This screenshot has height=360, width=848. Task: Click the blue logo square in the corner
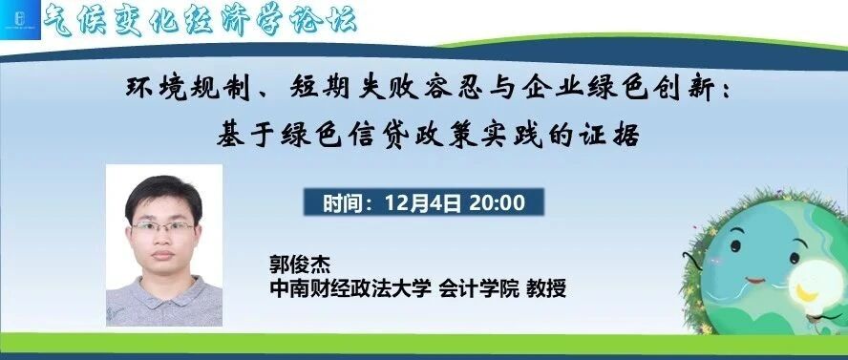(x=21, y=20)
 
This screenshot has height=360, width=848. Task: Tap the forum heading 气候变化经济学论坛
(x=201, y=21)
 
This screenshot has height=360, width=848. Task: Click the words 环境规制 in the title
(x=188, y=88)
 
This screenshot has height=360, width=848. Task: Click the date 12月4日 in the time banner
(x=422, y=202)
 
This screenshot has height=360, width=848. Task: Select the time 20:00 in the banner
(x=497, y=202)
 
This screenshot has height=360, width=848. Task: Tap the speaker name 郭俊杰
(x=300, y=265)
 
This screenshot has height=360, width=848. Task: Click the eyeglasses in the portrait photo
(x=162, y=227)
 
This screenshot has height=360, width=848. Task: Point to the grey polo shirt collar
(x=163, y=292)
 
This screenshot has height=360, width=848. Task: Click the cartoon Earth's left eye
(x=735, y=246)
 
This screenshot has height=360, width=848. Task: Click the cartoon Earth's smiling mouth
(x=755, y=281)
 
